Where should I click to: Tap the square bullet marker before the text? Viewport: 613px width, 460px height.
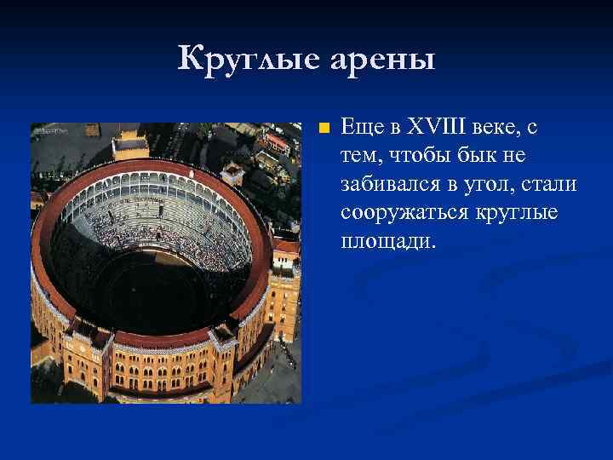tap(322, 129)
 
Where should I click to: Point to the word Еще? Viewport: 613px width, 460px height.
tap(359, 128)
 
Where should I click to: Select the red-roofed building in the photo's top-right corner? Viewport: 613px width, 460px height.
tap(278, 141)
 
